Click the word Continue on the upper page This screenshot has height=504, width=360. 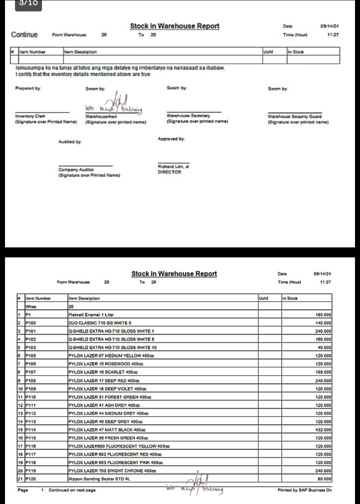24,34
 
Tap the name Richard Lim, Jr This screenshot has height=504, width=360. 173,166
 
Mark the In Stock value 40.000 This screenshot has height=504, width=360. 325,347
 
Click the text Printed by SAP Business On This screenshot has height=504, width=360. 304,490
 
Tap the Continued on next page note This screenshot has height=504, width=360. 72,490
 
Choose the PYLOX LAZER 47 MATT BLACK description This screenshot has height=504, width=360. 106,429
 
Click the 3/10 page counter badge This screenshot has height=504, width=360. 28,3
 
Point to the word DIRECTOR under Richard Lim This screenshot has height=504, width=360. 169,172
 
